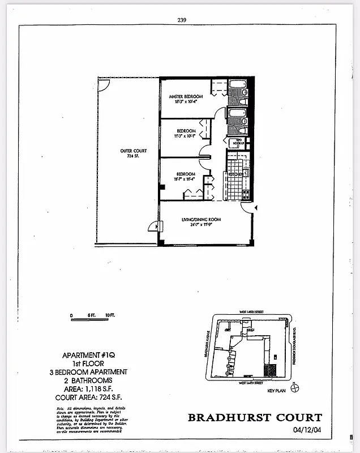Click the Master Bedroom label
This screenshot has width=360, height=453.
point(186,97)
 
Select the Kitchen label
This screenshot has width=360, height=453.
point(236,174)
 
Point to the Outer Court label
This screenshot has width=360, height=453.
point(133,151)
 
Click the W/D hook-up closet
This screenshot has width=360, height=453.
point(239,142)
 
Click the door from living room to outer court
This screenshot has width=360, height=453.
point(154,226)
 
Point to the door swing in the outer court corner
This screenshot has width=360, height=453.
point(102,83)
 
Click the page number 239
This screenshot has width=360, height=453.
point(182,19)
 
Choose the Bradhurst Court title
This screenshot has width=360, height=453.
point(255,418)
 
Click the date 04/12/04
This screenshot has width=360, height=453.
point(307,430)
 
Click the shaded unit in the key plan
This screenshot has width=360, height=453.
point(271,371)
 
